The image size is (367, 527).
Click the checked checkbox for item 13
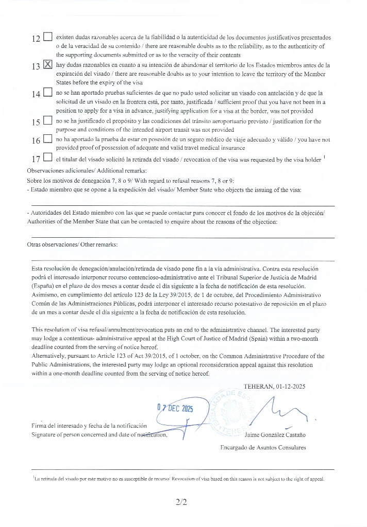click(48, 65)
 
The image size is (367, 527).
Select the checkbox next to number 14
click(48, 93)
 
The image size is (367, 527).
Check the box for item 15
click(48, 121)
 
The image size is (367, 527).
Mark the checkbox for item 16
click(48, 139)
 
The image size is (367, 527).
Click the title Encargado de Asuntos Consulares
click(263, 447)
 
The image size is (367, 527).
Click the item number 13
click(36, 66)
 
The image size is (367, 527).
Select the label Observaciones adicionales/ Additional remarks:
click(87, 171)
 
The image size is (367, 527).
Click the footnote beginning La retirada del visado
click(178, 479)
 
